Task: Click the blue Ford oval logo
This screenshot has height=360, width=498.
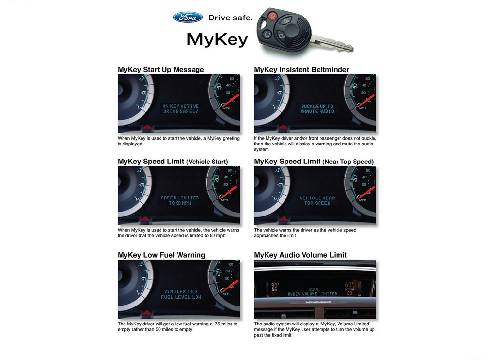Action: [188, 17]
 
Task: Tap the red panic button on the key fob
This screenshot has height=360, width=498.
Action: [272, 15]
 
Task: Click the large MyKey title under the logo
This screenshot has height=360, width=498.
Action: [217, 39]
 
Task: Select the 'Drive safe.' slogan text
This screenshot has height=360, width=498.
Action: [230, 18]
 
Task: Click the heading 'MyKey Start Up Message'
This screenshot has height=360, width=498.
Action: [160, 69]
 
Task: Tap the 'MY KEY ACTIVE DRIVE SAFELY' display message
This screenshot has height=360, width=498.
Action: [181, 108]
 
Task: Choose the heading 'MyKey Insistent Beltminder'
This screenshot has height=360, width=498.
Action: [302, 69]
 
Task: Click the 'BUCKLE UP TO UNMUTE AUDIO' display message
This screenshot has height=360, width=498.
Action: [317, 108]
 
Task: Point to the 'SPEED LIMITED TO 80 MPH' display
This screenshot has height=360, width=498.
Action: [180, 200]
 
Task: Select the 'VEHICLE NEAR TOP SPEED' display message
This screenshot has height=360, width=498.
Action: [317, 200]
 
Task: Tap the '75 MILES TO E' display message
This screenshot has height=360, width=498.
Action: [181, 292]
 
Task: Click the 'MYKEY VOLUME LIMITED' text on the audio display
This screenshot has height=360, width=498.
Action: [312, 294]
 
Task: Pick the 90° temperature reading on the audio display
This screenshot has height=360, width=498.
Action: [275, 285]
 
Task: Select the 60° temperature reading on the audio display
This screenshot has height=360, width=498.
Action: [349, 285]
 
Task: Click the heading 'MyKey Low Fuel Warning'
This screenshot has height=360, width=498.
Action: [161, 255]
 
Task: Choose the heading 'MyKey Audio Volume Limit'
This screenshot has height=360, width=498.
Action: [300, 255]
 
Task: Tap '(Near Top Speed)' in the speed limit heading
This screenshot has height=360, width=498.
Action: [348, 162]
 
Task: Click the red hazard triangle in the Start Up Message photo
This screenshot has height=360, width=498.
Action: [147, 128]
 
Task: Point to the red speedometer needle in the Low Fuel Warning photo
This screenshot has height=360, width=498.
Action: [230, 286]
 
